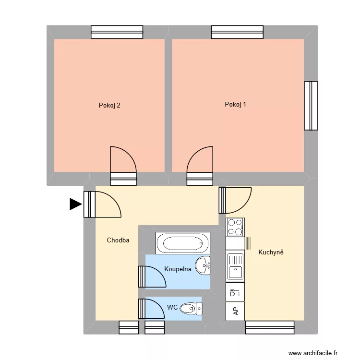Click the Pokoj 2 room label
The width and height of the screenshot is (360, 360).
coord(109,105)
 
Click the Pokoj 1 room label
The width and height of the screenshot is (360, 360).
coord(235,104)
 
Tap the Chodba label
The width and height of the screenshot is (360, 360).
coord(118,240)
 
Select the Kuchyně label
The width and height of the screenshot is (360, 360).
coord(271,252)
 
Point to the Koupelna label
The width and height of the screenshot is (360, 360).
coord(178,269)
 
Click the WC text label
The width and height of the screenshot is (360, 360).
coord(172,307)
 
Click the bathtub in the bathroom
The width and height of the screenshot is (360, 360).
coord(183,243)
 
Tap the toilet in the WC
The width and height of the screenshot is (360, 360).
coord(191,308)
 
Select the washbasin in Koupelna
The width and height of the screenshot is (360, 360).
coord(204,265)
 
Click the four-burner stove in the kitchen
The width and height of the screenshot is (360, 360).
coord(235,227)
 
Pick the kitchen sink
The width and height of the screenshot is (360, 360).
coord(235,266)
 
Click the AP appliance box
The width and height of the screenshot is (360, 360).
coord(235,311)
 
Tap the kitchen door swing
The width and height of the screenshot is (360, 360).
coord(236,200)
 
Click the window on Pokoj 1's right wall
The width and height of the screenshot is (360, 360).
coord(311,106)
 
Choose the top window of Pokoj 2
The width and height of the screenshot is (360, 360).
coord(117,32)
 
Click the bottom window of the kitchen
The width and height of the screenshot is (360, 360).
coord(270,327)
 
